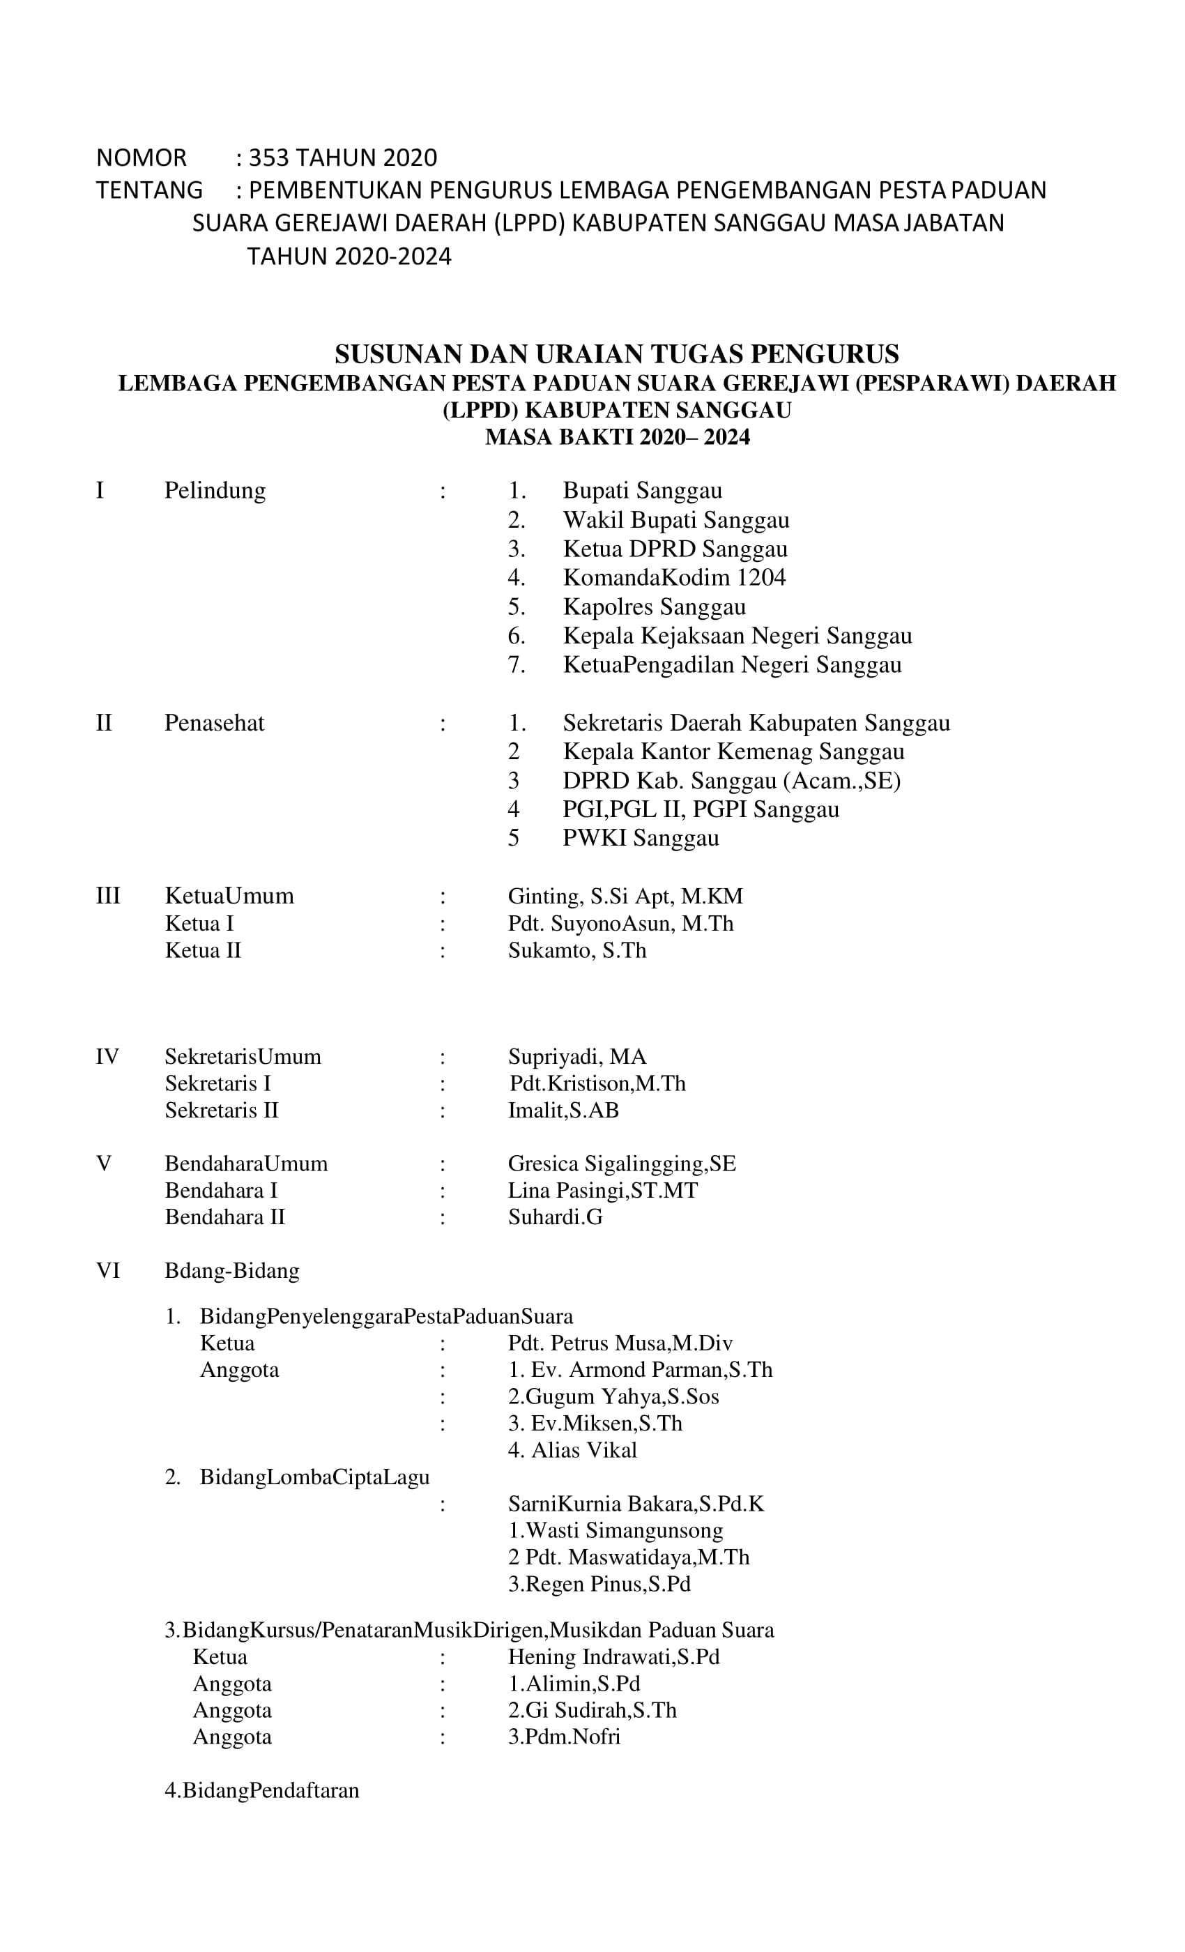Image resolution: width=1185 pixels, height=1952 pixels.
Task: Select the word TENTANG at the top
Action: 149,191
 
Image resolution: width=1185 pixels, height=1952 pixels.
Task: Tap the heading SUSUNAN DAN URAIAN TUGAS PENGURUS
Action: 616,353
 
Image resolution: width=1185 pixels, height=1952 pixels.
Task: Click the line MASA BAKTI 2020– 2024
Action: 617,437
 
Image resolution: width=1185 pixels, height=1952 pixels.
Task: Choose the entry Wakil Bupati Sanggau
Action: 675,521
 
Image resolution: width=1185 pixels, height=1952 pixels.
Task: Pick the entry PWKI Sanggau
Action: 641,838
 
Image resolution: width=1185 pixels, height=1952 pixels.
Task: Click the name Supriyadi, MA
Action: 576,1057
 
